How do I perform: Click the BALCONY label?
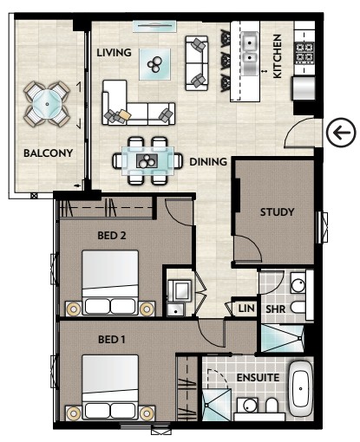coord(48,153)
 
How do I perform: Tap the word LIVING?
coord(114,53)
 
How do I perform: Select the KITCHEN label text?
coord(277,56)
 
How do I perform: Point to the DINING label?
coord(208,162)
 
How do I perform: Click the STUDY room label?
coord(277,212)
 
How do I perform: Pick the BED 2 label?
coord(112,236)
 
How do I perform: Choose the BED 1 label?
coord(112,339)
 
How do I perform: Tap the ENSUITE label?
coord(258,377)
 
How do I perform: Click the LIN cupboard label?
coord(246,309)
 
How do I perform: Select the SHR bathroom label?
coord(276,309)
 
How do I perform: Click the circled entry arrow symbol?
coord(341,133)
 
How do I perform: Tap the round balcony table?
coord(47,104)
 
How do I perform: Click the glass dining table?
coord(147,160)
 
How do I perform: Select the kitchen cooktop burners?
coord(304,53)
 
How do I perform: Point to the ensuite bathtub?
coord(301,388)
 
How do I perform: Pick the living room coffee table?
coord(154,64)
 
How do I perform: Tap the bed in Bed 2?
coord(110,283)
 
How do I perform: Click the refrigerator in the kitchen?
coord(304,88)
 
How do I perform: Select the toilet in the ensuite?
coord(272,406)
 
